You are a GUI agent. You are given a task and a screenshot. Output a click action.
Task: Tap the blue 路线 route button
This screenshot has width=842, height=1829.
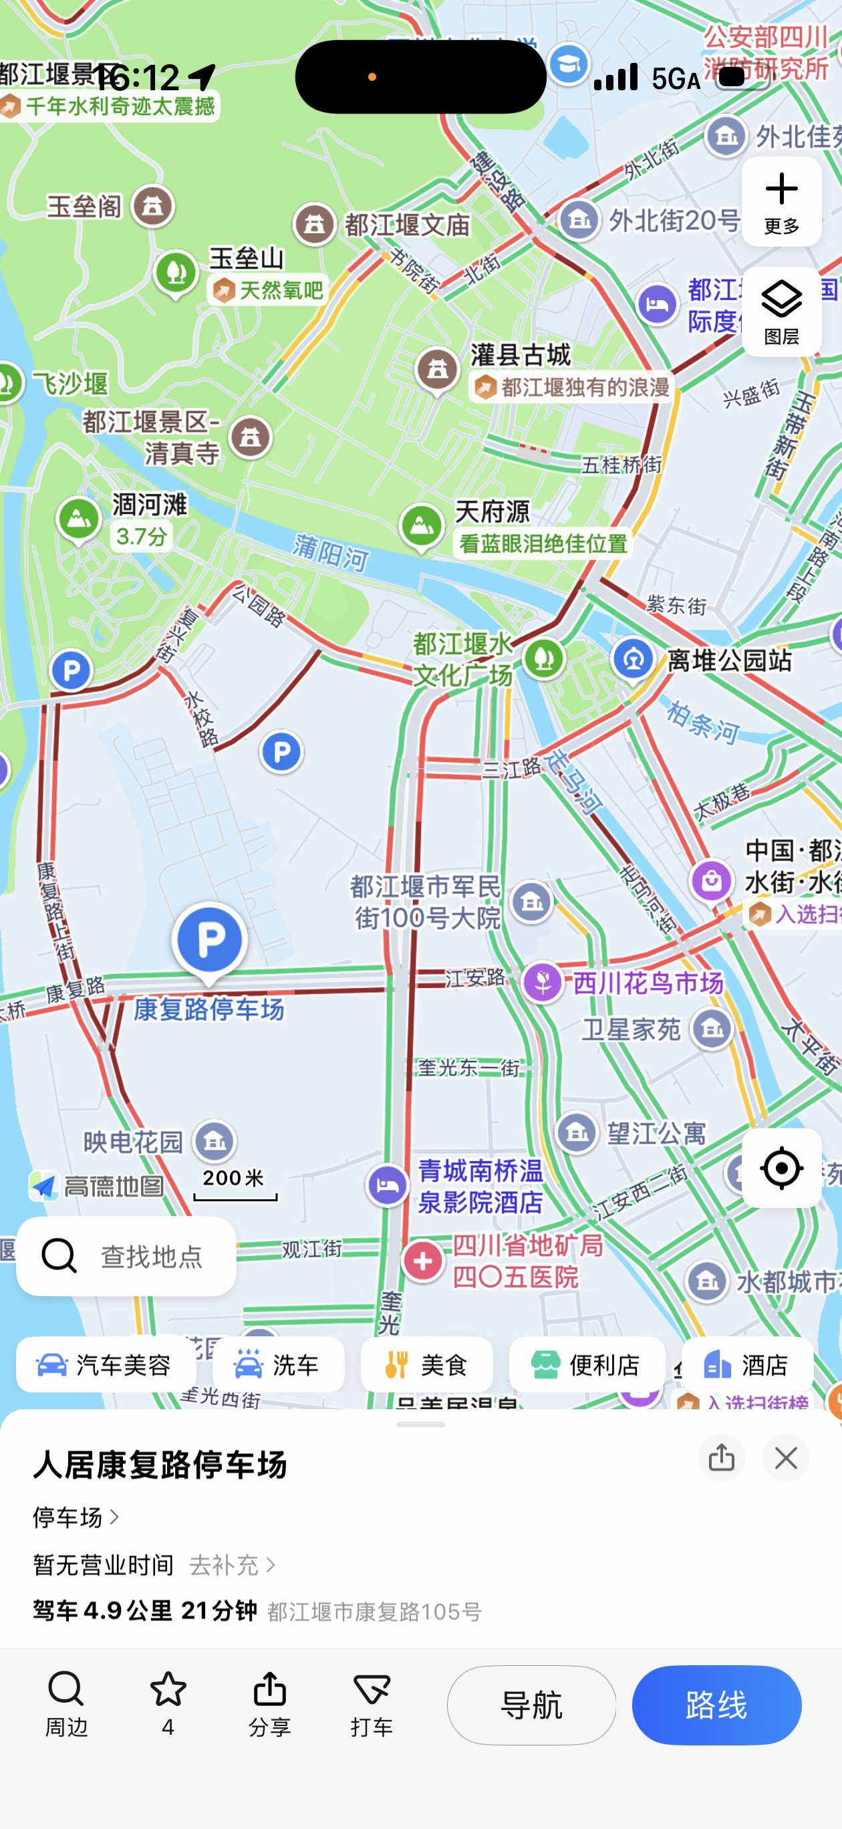716,1705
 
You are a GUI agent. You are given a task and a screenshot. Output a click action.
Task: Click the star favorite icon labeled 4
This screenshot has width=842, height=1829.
168,1703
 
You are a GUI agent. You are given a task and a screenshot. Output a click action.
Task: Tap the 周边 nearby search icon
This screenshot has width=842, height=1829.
66,1703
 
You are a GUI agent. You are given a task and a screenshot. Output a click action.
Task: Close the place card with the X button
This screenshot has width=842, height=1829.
785,1458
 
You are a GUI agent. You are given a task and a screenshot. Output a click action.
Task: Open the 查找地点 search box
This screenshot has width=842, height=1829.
126,1256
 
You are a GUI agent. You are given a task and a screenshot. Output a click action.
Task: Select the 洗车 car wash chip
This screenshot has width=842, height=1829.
278,1364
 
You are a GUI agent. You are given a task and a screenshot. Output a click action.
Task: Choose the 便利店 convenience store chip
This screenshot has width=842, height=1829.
587,1364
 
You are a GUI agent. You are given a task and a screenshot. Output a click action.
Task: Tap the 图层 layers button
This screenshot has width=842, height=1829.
781,311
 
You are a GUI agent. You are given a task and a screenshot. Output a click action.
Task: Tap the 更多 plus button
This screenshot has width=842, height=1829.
781,202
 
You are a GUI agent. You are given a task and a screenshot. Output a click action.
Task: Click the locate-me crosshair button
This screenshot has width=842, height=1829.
781,1168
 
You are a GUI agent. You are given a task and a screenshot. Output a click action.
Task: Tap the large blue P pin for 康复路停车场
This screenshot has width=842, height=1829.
209,940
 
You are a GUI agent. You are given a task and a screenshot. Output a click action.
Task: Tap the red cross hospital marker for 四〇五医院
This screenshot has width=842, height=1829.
422,1261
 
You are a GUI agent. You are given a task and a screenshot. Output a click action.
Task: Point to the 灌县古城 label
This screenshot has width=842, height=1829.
521,355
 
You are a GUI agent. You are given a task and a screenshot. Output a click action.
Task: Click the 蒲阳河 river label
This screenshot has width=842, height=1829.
331,553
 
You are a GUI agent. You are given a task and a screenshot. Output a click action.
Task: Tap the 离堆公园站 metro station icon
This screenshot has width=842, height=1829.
634,660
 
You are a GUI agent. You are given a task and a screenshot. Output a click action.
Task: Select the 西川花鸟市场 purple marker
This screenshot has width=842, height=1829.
543,983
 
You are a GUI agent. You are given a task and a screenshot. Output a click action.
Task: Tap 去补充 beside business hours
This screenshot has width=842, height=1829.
231,1565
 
